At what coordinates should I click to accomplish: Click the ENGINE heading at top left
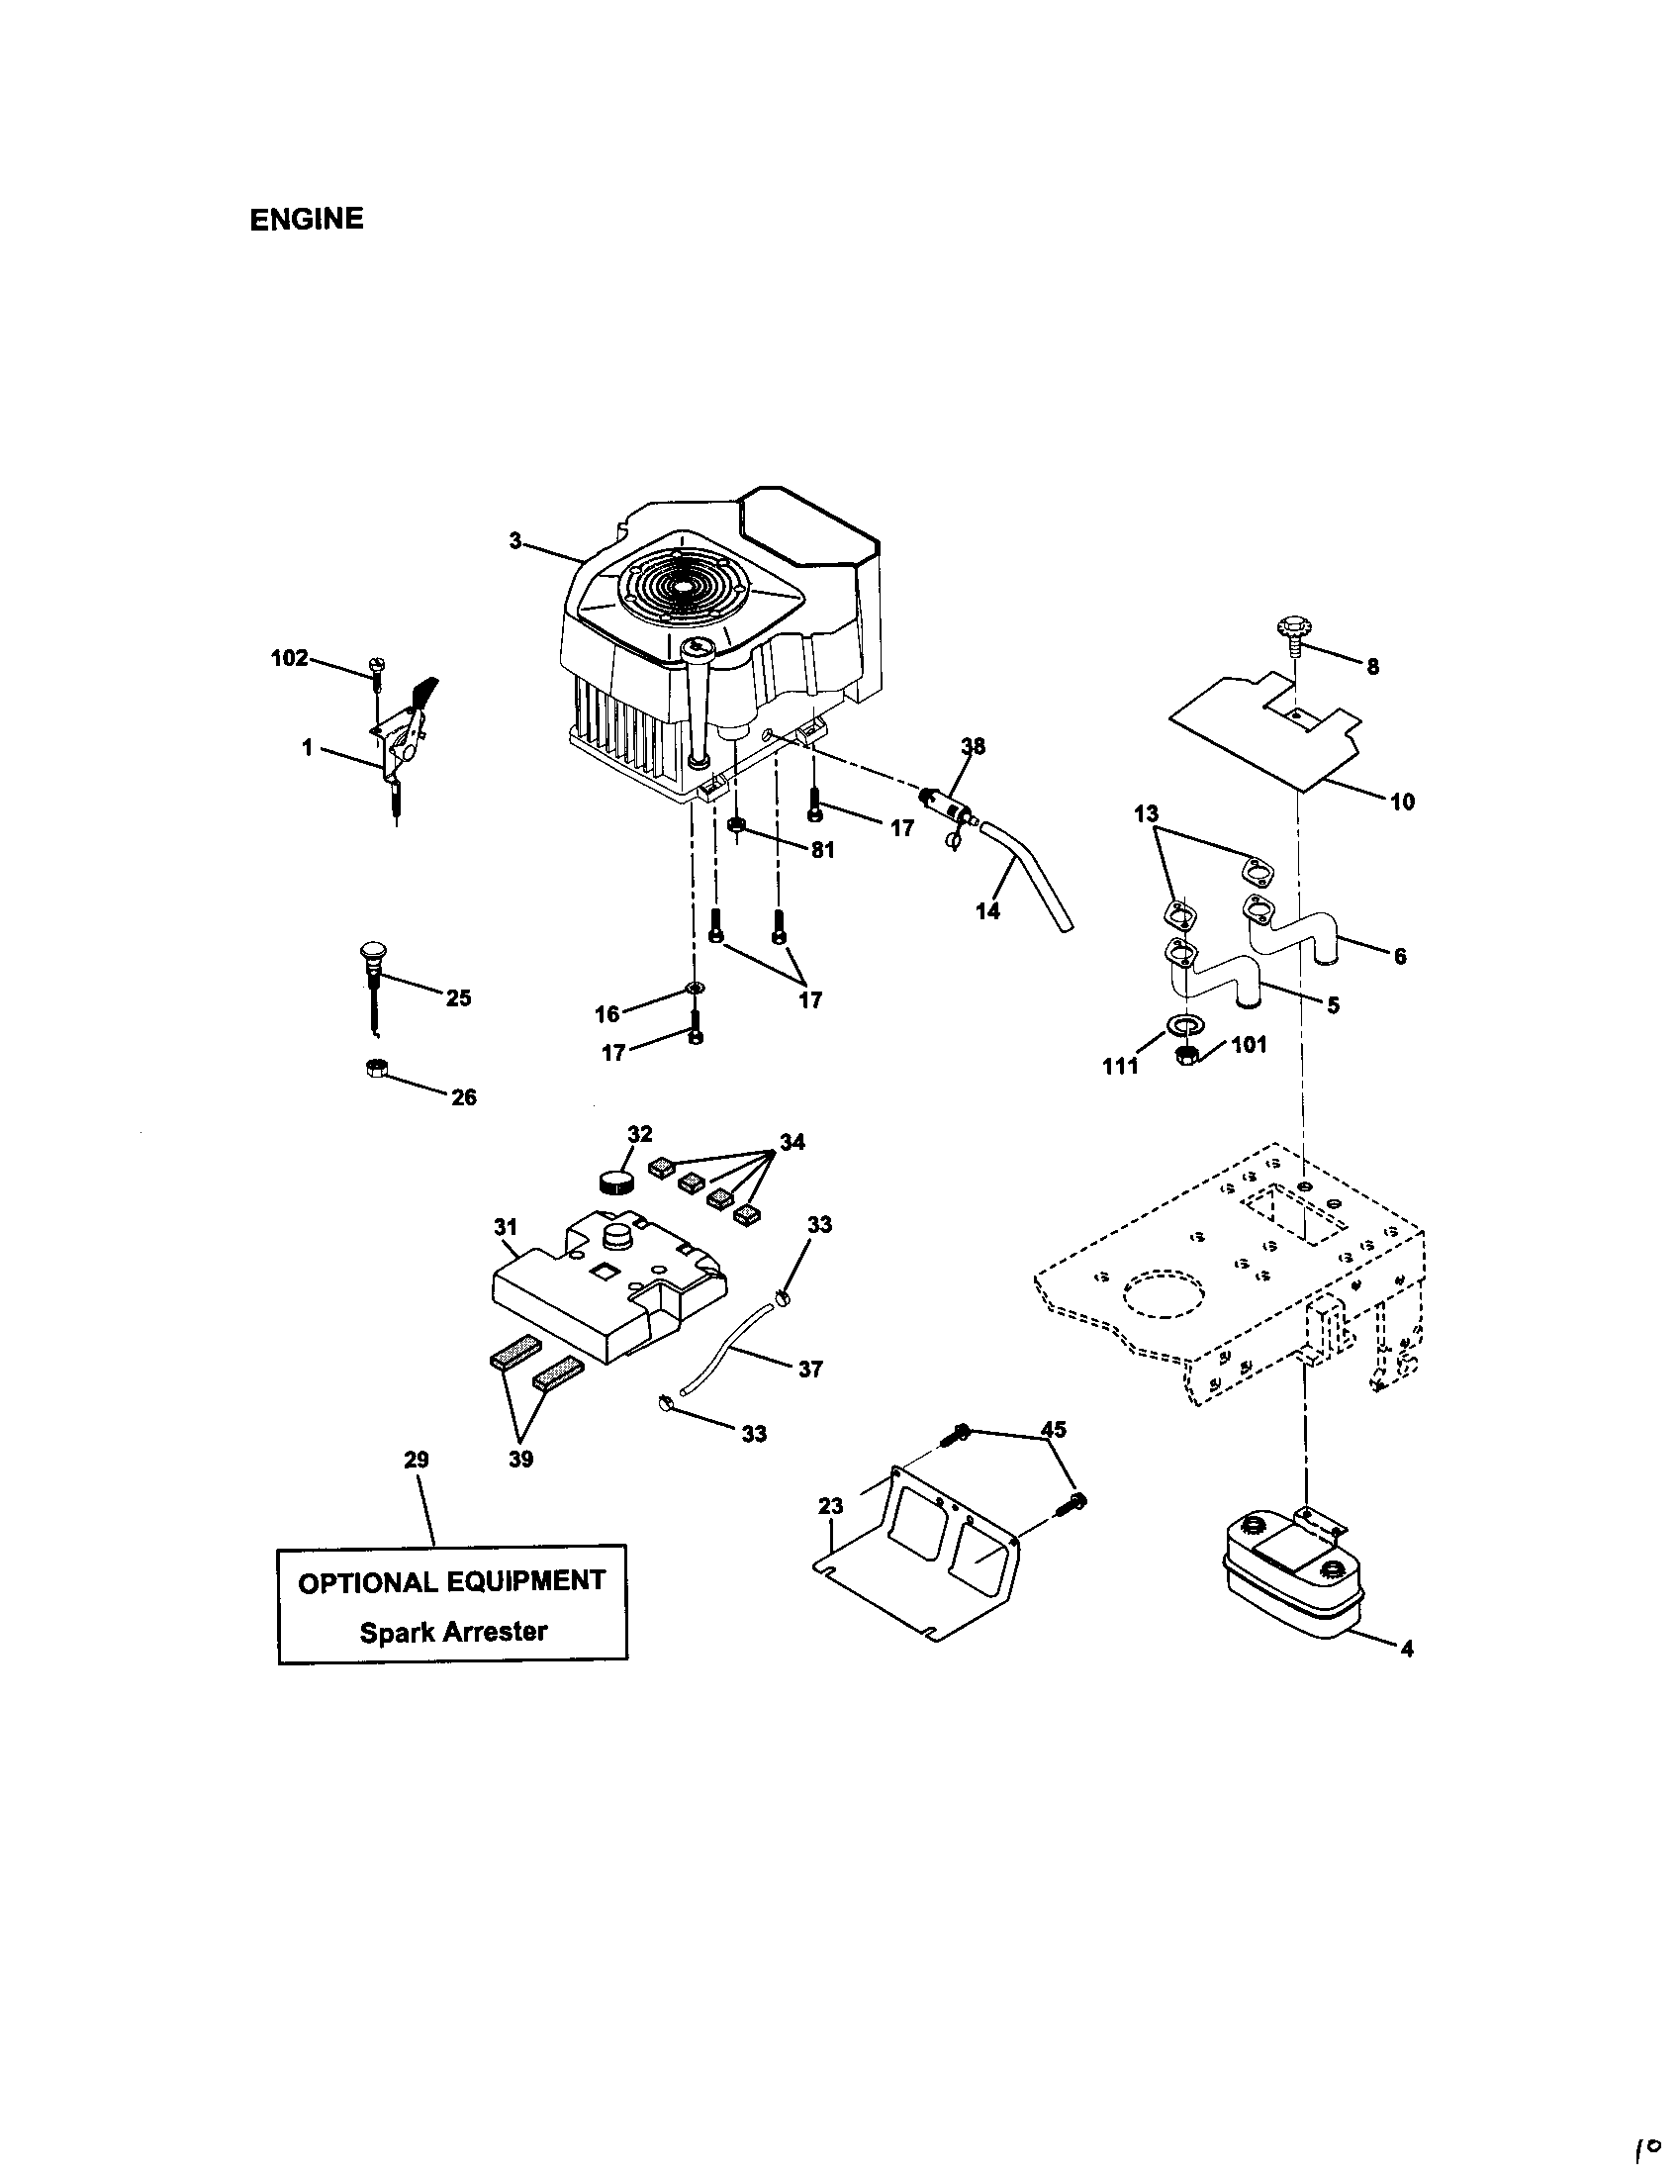[x=306, y=220]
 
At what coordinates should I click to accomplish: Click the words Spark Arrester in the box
[x=453, y=1632]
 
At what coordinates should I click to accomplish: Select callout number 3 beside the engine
[x=515, y=540]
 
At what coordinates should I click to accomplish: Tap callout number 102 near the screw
[x=289, y=658]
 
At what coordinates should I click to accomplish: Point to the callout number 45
[x=1053, y=1430]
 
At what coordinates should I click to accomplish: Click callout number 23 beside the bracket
[x=830, y=1505]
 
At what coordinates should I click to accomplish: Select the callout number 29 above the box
[x=417, y=1460]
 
